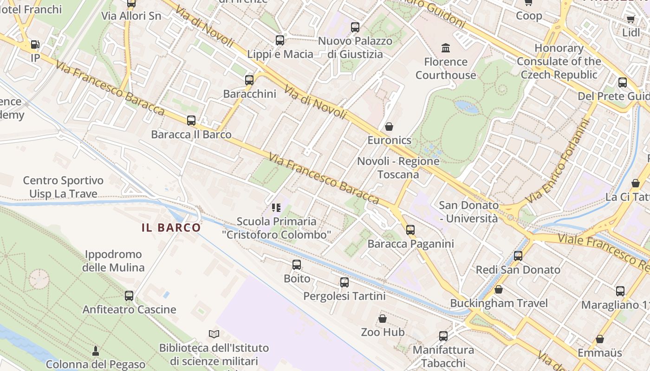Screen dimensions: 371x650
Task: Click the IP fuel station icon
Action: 35,45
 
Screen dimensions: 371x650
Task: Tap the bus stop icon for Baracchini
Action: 249,80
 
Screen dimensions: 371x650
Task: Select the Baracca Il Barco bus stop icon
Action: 191,121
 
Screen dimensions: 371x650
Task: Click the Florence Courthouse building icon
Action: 446,48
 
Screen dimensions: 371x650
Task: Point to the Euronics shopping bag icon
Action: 389,127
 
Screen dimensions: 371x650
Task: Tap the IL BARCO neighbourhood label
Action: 171,228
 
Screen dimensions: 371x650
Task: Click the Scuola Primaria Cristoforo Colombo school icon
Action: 276,207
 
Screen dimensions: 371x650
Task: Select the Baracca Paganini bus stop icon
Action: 410,230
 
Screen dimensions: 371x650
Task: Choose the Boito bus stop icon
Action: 297,265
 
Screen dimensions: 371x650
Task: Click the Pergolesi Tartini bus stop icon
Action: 344,282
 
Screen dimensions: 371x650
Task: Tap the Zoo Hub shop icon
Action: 383,319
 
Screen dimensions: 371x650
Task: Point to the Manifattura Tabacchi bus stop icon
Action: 443,336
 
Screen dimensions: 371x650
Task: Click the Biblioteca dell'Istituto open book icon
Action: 214,334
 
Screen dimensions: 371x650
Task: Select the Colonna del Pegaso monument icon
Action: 96,351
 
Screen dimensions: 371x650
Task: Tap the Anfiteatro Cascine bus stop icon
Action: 129,296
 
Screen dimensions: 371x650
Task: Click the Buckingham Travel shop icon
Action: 499,290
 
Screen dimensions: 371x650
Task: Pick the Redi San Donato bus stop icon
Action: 518,256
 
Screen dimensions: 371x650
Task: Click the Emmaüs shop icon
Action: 600,339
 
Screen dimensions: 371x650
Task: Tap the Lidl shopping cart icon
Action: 630,19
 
